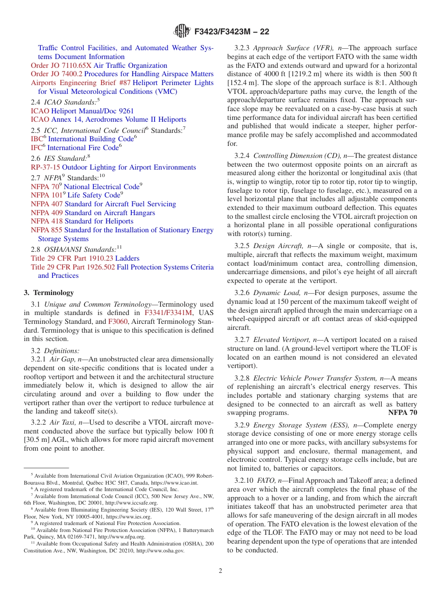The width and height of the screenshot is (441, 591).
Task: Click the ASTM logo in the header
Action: click(182, 31)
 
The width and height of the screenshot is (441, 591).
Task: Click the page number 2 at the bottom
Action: click(220, 571)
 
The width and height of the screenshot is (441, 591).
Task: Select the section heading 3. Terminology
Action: click(49, 293)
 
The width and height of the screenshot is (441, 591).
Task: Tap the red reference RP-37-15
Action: click(45, 167)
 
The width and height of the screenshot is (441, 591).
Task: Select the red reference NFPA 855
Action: click(46, 230)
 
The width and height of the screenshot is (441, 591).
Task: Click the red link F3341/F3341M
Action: click(168, 313)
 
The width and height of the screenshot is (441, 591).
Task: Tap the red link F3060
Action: click(117, 322)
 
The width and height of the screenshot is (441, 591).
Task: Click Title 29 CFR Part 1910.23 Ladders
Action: click(85, 258)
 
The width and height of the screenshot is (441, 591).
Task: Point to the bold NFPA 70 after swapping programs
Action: click(402, 413)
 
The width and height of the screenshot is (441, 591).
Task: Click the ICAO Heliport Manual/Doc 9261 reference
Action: click(82, 111)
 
